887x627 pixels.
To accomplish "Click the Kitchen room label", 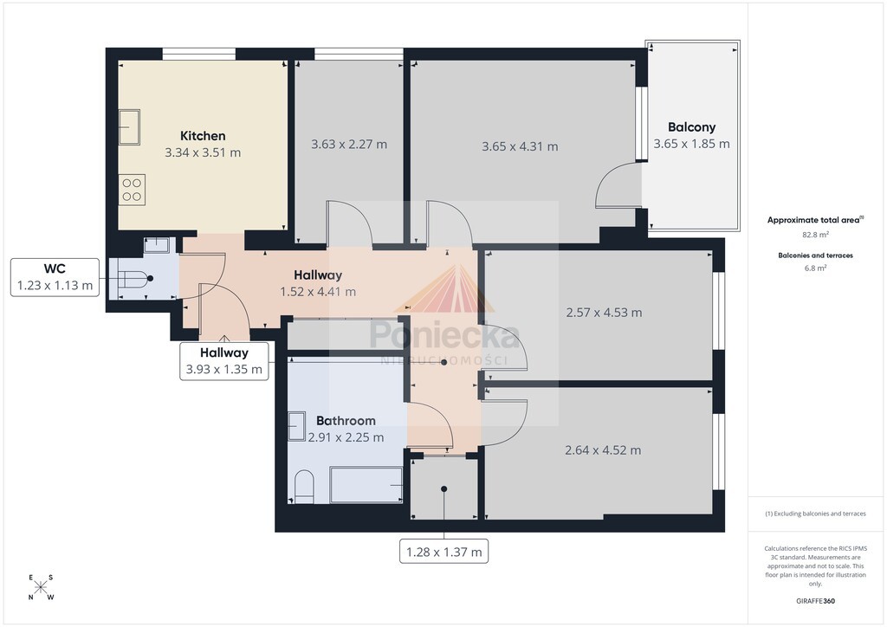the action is click(x=203, y=136).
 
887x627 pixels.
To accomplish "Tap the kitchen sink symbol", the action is click(x=129, y=127).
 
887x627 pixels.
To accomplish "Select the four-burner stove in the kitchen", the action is click(x=132, y=190).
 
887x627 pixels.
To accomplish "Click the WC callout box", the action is click(x=55, y=277).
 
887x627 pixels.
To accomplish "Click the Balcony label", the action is click(x=691, y=127).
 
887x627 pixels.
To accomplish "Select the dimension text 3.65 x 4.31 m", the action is click(x=520, y=146).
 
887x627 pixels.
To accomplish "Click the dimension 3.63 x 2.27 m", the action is click(x=349, y=144).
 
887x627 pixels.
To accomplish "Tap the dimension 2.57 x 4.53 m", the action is click(x=604, y=313).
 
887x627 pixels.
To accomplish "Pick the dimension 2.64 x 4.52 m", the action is click(x=603, y=450).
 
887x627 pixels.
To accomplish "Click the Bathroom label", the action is click(x=346, y=421).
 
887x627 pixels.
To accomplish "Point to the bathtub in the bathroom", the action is click(x=366, y=485).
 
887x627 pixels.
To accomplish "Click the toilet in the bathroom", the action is click(x=304, y=486).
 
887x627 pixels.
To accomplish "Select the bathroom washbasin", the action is click(x=297, y=426).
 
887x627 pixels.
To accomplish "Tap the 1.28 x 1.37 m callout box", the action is click(x=443, y=552).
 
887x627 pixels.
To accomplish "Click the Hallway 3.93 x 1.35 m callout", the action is click(x=224, y=361).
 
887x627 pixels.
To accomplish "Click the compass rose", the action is click(x=41, y=587).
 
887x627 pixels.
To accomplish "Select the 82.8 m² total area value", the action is click(x=815, y=234).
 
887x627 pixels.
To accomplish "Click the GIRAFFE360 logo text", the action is click(x=815, y=601).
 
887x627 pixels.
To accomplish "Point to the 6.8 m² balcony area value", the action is click(x=815, y=268).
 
